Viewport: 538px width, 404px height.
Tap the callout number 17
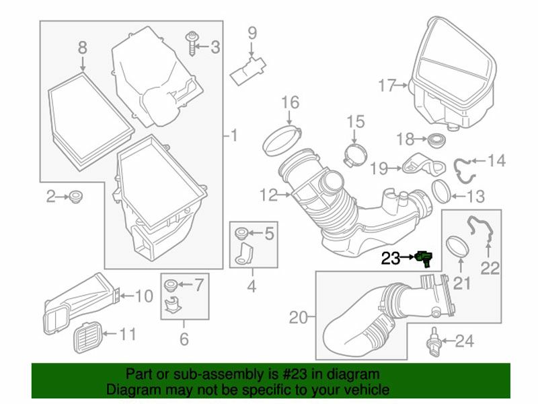tap(389, 86)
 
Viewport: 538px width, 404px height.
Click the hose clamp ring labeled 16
tap(278, 139)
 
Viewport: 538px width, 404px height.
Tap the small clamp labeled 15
tap(352, 155)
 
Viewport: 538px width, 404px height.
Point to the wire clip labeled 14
tap(461, 168)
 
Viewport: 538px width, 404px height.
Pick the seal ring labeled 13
tap(440, 191)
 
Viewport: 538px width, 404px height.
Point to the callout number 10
tap(145, 296)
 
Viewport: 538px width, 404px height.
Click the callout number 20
tap(297, 316)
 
